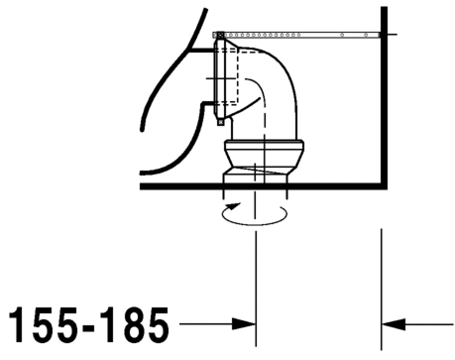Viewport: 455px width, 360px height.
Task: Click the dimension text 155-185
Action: pyautogui.click(x=89, y=324)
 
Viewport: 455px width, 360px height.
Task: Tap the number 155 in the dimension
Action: pyautogui.click(x=43, y=324)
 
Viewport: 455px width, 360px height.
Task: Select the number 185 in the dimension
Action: pyautogui.click(x=135, y=324)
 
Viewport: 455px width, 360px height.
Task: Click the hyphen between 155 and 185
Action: pyautogui.click(x=89, y=327)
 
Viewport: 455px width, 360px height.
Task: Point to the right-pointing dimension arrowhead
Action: pyautogui.click(x=244, y=324)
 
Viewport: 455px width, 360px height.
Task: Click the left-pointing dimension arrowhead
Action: pyautogui.click(x=394, y=324)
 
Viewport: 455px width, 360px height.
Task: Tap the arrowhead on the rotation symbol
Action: pyautogui.click(x=234, y=206)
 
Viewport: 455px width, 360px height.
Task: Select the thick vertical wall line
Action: pyautogui.click(x=384, y=98)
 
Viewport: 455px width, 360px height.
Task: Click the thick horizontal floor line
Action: pyautogui.click(x=264, y=186)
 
